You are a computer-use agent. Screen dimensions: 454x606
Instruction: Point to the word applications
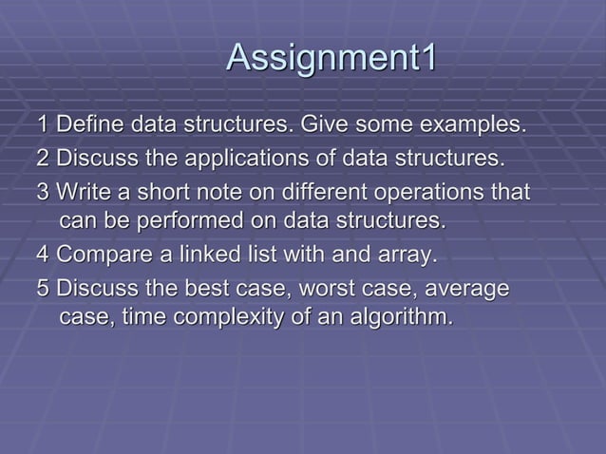[231, 157]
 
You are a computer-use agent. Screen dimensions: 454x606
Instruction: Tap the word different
[311, 192]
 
